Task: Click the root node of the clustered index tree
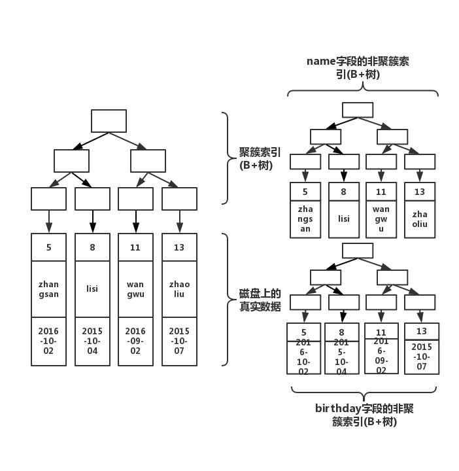109,121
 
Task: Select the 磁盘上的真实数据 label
260,299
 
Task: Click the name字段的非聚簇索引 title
359,67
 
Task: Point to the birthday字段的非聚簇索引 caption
364,415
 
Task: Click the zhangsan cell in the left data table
48,289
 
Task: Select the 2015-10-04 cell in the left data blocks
92,341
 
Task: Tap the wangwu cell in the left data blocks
135,289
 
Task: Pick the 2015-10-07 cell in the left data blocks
179,341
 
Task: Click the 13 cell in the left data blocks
179,248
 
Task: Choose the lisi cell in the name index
343,219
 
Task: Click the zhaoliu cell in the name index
420,219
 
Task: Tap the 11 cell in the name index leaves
381,192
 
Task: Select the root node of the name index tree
358,110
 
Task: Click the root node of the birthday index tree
358,251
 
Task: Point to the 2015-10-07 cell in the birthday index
421,357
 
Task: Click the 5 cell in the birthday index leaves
304,332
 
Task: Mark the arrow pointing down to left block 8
92,221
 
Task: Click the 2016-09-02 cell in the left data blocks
135,341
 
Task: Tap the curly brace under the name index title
363,92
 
